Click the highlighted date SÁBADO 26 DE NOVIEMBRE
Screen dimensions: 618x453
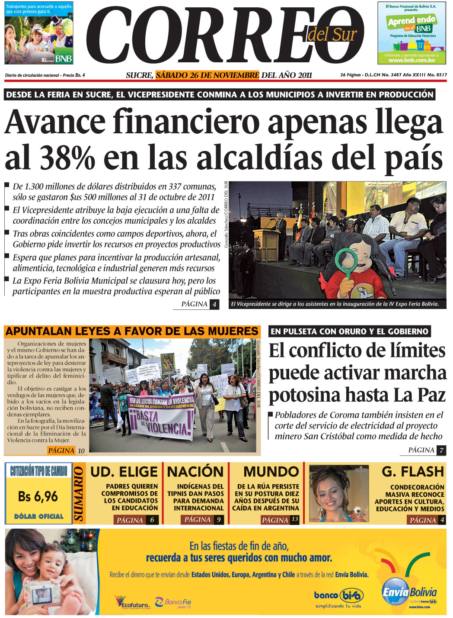point(207,75)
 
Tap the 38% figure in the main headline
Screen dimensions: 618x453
point(67,157)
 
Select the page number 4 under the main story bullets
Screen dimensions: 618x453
point(214,304)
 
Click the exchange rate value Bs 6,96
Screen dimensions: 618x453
point(38,496)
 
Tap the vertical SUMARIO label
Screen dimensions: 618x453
point(79,494)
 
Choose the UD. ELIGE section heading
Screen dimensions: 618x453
point(124,472)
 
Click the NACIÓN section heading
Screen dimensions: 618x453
point(195,472)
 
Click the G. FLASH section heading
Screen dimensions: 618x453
point(413,472)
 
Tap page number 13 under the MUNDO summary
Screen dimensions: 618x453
point(295,519)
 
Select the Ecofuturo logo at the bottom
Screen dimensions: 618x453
point(132,602)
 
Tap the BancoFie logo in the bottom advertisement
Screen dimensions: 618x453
point(178,602)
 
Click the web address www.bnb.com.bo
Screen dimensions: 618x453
point(412,60)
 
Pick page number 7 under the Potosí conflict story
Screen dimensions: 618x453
point(441,451)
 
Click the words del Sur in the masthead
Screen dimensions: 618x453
point(332,34)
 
